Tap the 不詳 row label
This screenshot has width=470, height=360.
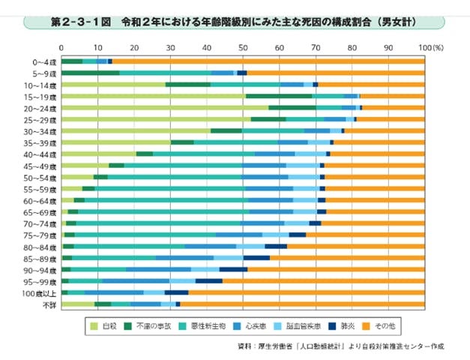[47, 304]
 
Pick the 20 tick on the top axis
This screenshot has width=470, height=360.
[134, 47]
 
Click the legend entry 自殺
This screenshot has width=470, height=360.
[104, 326]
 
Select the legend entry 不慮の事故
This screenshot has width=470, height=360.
[154, 326]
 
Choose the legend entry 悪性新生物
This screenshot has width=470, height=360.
[210, 326]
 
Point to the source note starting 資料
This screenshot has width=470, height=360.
[337, 348]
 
